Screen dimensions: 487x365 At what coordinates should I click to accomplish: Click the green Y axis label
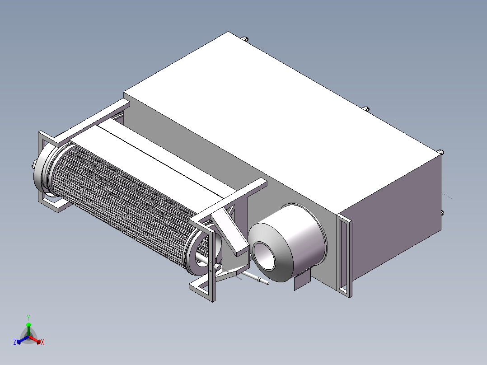pos(28,318)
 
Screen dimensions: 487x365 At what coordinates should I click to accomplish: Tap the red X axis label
pos(42,342)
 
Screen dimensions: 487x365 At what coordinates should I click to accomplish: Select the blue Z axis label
pos(15,342)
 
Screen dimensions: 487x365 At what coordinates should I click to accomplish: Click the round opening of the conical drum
pos(264,256)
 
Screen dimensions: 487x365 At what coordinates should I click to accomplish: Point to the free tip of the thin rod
pos(268,283)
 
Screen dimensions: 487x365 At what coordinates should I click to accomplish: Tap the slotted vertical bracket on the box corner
pos(345,255)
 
